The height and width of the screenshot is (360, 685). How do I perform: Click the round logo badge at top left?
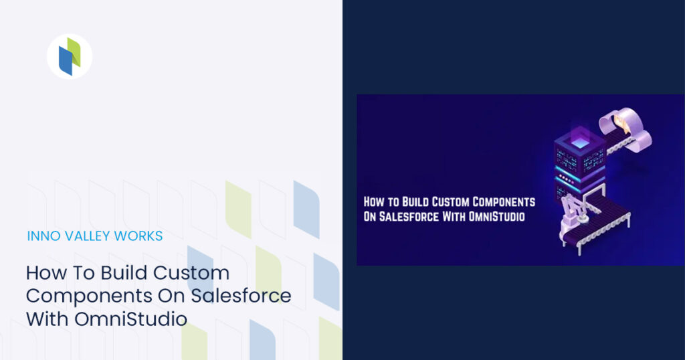pyautogui.click(x=70, y=56)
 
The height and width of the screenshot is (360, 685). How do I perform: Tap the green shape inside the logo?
pyautogui.click(x=74, y=52)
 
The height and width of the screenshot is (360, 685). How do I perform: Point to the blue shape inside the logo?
pyautogui.click(x=65, y=62)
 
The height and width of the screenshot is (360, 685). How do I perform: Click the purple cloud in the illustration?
pyautogui.click(x=625, y=124)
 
